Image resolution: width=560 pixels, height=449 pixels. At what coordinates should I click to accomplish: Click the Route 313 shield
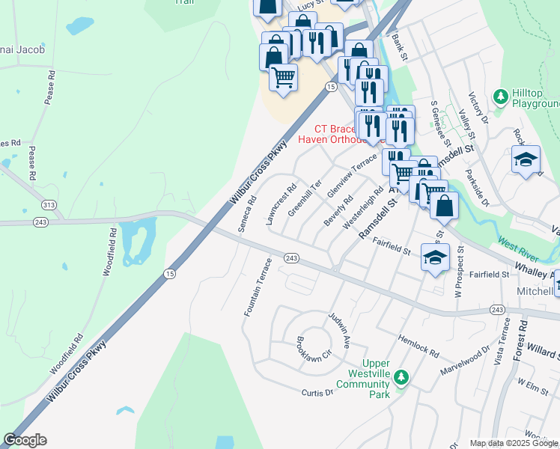[49, 204]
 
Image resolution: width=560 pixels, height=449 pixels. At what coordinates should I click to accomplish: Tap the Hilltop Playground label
[535, 98]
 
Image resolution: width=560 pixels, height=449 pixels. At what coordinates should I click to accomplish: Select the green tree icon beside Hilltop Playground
[501, 97]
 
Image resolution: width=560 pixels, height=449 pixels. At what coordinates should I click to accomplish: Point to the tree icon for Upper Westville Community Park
[401, 377]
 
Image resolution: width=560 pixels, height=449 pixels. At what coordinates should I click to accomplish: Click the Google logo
[25, 440]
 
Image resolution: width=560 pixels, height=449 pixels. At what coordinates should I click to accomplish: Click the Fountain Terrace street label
[257, 287]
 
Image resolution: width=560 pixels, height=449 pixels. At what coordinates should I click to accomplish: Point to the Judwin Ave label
[339, 331]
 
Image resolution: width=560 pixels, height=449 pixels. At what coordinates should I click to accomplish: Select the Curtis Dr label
[317, 393]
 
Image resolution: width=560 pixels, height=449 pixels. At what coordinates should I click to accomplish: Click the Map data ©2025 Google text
[514, 443]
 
